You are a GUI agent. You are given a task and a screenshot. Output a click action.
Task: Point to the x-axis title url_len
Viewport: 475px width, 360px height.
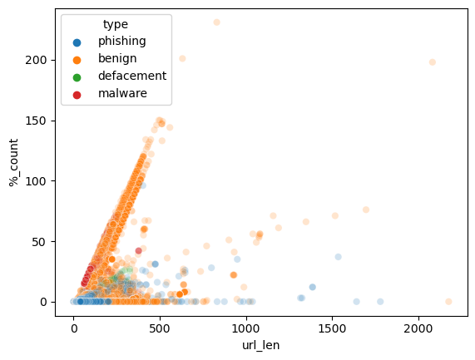pos(260,346)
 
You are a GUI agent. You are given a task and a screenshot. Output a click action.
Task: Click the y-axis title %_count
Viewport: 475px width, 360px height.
pos(14,163)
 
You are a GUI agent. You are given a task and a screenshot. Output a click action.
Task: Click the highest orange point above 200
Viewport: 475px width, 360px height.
pos(216,22)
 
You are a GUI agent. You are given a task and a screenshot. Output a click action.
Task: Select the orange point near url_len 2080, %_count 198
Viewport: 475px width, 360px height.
pos(432,62)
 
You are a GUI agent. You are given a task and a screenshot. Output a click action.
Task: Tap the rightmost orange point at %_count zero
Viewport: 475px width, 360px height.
pos(448,301)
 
